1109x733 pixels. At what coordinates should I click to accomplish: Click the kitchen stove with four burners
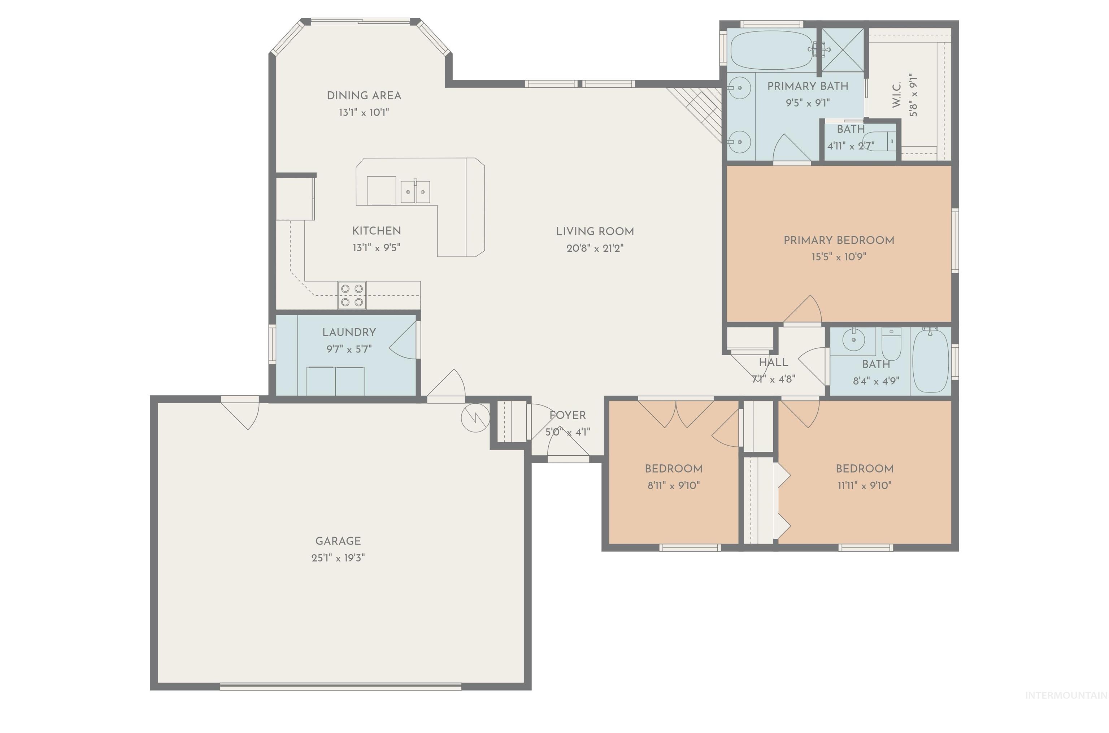tap(352, 295)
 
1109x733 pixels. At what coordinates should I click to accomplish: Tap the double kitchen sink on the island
tap(415, 192)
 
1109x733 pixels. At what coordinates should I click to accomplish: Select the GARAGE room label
tap(338, 541)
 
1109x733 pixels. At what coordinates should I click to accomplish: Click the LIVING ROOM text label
tap(595, 231)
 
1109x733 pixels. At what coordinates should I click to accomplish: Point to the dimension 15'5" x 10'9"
tap(839, 257)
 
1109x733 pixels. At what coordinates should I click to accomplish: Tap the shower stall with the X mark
tap(843, 50)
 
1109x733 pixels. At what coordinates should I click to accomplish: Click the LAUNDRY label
tap(349, 332)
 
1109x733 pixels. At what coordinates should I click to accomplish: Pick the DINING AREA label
tap(364, 96)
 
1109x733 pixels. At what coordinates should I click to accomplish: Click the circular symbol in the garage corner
tap(475, 417)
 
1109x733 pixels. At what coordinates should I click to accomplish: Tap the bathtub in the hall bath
tap(930, 360)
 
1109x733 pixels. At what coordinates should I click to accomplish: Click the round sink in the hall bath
tap(853, 340)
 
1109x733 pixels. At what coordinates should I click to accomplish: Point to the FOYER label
tap(567, 415)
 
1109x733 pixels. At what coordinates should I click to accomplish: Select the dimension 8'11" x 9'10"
tap(673, 486)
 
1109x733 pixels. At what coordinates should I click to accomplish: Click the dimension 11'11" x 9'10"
tap(865, 486)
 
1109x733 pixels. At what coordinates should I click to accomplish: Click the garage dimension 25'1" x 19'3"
tap(338, 558)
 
